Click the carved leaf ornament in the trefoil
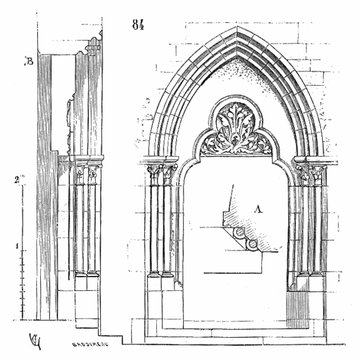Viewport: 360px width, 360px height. pos(237,140)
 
